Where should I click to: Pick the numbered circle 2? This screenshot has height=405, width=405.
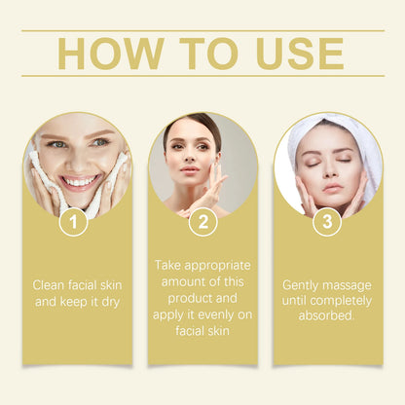click(202, 222)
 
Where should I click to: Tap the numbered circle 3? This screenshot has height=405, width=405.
click(326, 222)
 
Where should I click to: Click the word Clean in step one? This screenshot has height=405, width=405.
click(50, 285)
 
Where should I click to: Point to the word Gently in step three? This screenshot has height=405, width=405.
click(302, 285)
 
